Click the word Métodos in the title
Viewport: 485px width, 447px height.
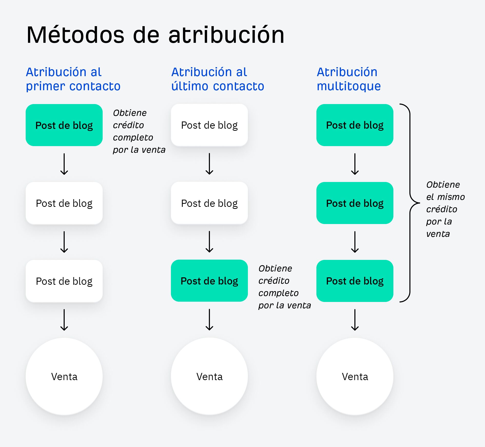point(75,35)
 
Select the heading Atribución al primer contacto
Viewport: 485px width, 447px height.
point(73,79)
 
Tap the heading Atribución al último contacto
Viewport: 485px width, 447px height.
point(217,79)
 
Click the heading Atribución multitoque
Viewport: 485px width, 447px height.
point(348,79)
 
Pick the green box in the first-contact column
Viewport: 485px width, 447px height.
point(64,125)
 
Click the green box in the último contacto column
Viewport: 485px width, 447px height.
point(209,281)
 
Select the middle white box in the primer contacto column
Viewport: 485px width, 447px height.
point(64,203)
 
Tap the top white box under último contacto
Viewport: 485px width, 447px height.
point(209,125)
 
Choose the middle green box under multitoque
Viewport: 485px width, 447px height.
point(355,203)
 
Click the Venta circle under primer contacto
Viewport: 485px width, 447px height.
point(64,376)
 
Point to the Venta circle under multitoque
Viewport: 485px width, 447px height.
point(355,376)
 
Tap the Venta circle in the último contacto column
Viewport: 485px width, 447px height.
point(209,376)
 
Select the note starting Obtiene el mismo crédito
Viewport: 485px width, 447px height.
point(445,209)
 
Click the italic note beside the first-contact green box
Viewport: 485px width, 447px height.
point(139,131)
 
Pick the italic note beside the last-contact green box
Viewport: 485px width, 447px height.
point(284,287)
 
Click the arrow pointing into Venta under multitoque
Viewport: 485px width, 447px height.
point(355,320)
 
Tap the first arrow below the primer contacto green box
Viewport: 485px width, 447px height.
point(64,164)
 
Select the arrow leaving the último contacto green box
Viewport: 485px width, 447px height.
point(209,320)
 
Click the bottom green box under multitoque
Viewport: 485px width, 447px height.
point(355,281)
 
